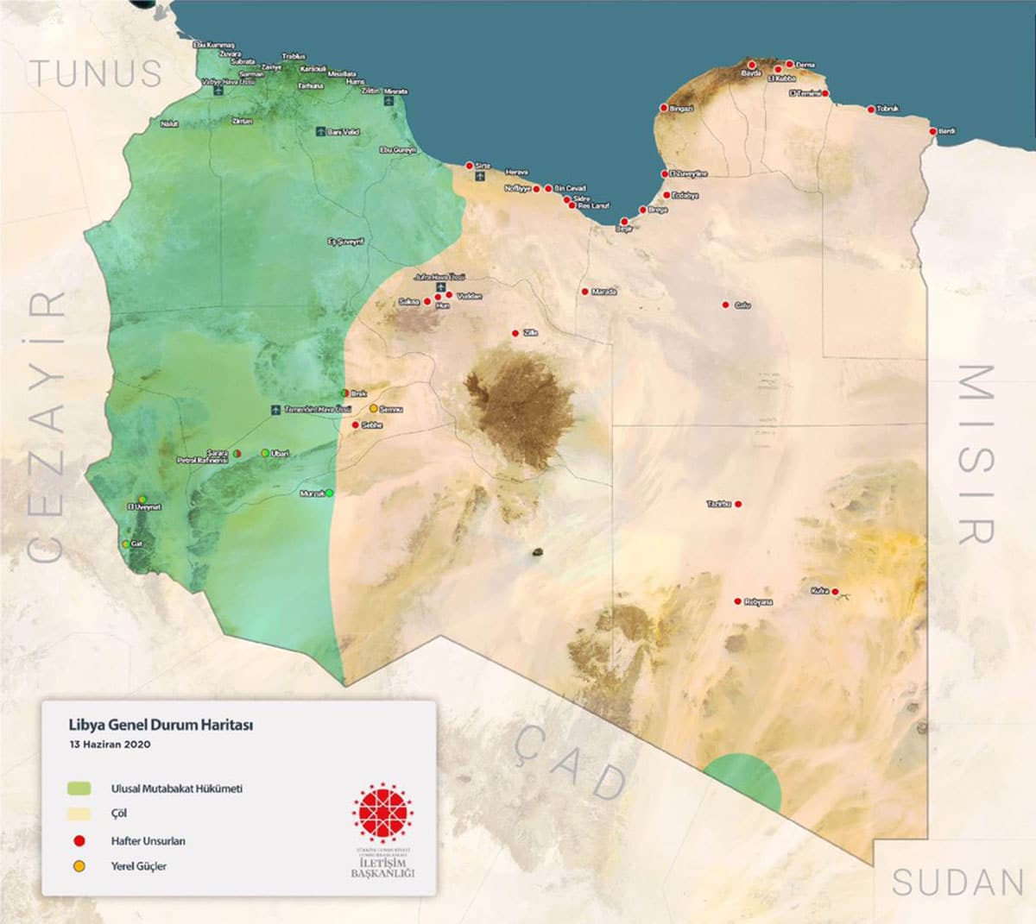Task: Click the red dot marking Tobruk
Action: click(870, 110)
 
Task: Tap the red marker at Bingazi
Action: click(664, 109)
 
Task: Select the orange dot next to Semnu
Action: click(373, 408)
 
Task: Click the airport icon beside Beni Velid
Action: click(320, 132)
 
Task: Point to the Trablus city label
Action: click(294, 56)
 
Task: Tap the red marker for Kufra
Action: click(835, 592)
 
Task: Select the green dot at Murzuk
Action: click(329, 493)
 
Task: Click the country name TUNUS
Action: click(96, 73)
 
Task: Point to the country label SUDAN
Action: click(957, 883)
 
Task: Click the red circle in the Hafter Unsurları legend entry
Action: click(79, 840)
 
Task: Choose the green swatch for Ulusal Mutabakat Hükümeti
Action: click(79, 788)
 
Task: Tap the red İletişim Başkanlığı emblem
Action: click(382, 814)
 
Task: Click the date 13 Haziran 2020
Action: click(111, 744)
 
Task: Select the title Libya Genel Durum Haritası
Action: click(161, 725)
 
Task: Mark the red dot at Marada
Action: click(584, 292)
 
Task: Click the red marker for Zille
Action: click(515, 333)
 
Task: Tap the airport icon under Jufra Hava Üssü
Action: click(439, 286)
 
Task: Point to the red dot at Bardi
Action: click(932, 131)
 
